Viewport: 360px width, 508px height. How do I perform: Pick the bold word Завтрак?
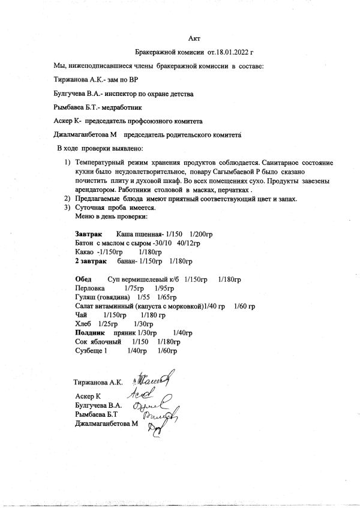(88, 232)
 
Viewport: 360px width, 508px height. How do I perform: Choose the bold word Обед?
(83, 279)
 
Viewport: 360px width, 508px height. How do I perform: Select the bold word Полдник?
(90, 332)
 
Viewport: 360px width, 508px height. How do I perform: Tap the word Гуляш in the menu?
(85, 297)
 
